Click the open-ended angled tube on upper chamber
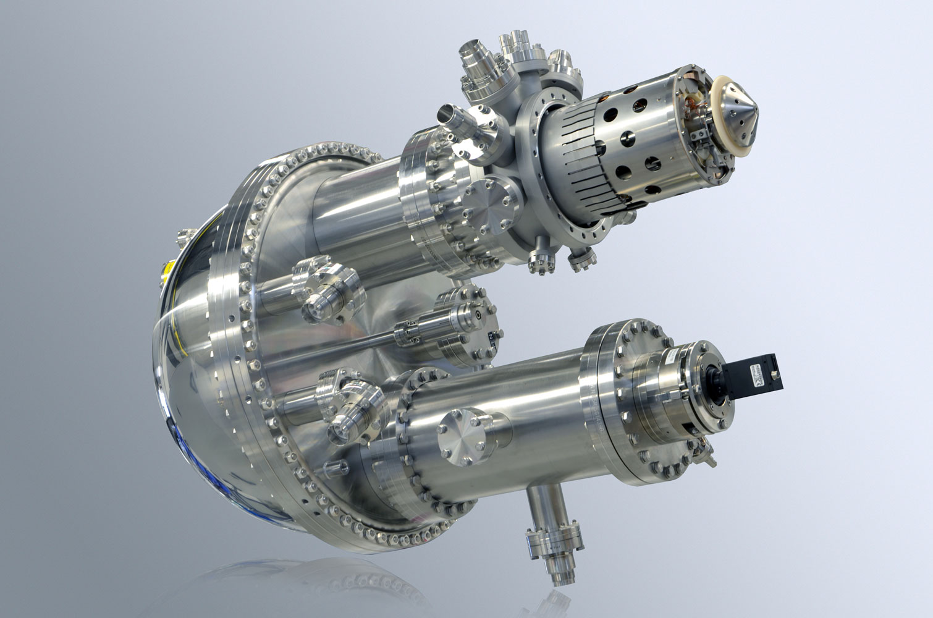click(454, 117)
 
